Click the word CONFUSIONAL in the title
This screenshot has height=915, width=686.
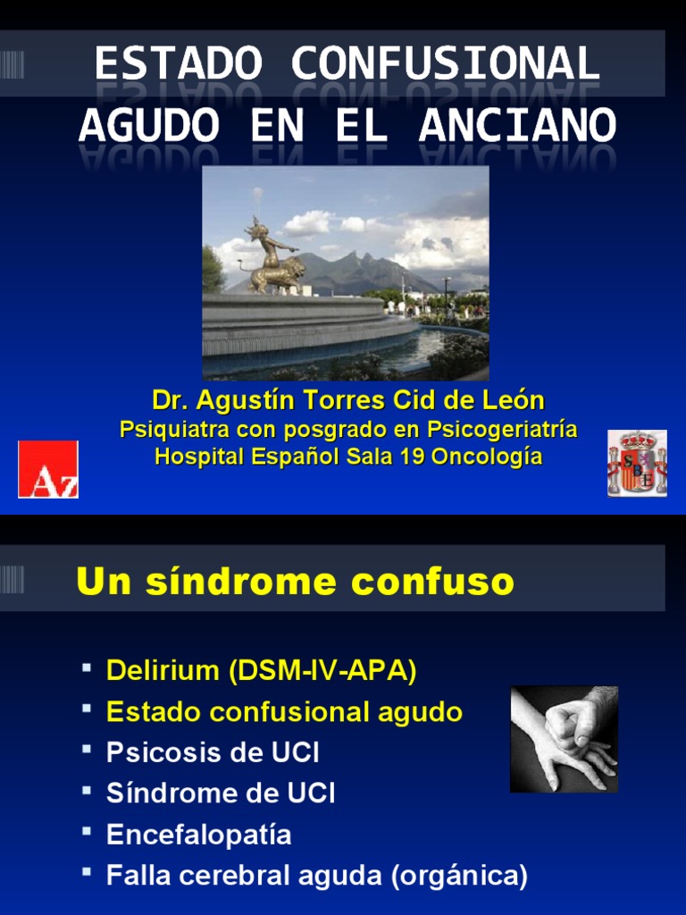coord(444,64)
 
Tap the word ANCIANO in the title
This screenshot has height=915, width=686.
coord(518,125)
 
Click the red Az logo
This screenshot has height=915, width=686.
coord(48,469)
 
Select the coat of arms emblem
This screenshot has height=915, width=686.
coord(637,463)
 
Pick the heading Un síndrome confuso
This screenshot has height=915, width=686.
coord(295,582)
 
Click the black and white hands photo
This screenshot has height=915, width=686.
coord(564,739)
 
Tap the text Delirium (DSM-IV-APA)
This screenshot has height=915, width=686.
coord(261,670)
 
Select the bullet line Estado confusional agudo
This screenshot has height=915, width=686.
coord(284,712)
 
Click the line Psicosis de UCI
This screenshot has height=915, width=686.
coord(213,752)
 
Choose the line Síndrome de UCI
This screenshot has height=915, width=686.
coord(221,793)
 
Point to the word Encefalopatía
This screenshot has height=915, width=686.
coord(198,835)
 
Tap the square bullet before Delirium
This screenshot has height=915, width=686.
coord(87,667)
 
